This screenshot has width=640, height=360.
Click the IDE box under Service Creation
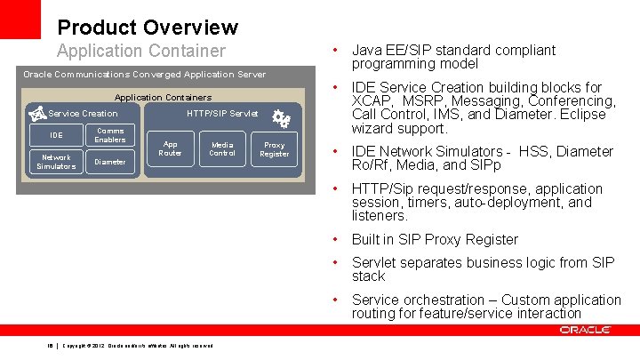(55, 135)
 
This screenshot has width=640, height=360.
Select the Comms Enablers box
(110, 135)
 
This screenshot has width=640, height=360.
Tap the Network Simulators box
(55, 162)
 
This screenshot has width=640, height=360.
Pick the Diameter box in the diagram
(110, 162)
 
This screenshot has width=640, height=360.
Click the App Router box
(170, 148)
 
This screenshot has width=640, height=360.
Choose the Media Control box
(222, 148)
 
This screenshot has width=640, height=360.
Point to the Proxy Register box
(274, 148)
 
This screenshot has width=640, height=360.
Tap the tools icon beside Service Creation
(36, 113)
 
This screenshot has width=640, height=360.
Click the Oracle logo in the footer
(585, 330)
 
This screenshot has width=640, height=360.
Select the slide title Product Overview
(148, 28)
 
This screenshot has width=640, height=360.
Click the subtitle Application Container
(141, 52)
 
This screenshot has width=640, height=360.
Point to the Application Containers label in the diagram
(164, 97)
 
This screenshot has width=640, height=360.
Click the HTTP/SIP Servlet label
(222, 113)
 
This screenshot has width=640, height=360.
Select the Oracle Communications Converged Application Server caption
(144, 74)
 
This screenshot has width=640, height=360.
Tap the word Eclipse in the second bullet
(583, 115)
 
